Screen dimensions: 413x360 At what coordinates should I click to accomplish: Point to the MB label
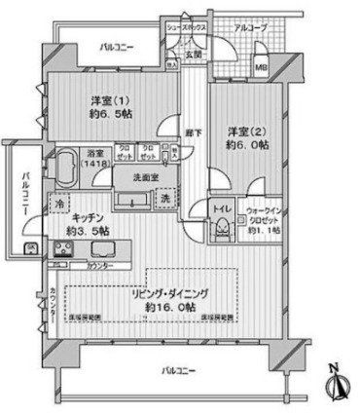pos(261,66)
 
